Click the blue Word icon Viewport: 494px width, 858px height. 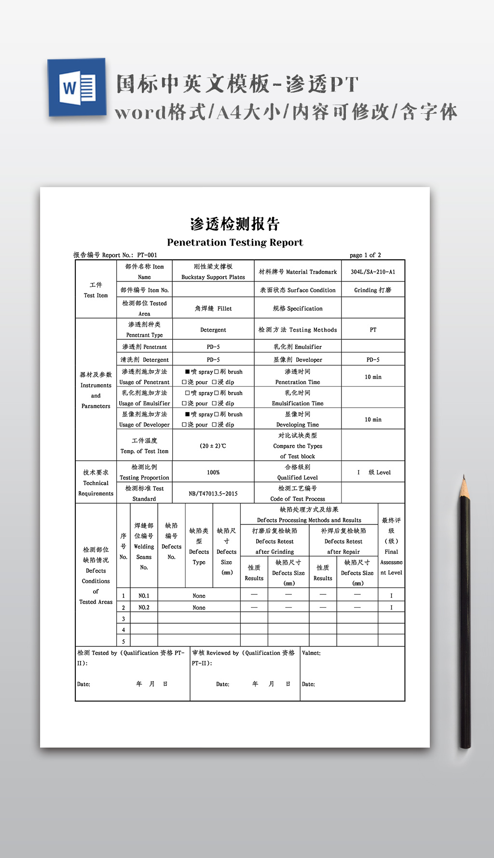click(77, 88)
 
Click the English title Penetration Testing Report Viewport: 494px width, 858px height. click(235, 242)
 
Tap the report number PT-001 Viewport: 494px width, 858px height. click(147, 255)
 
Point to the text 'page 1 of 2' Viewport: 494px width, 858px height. click(365, 255)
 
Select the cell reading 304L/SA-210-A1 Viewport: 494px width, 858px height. click(373, 272)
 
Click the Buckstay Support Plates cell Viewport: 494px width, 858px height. click(213, 272)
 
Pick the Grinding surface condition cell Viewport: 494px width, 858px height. click(373, 290)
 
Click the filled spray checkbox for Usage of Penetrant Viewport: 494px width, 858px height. click(188, 372)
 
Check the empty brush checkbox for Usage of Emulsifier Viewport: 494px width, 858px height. click(217, 393)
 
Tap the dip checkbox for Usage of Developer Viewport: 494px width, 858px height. click(214, 425)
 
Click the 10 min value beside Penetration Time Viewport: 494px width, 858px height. click(373, 377)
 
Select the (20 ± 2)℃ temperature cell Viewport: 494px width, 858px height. click(213, 446)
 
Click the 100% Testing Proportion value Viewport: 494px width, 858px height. click(213, 472)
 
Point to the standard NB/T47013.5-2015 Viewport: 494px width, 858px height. click(213, 494)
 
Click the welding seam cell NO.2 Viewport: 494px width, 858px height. click(144, 607)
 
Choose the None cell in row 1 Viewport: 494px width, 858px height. click(199, 596)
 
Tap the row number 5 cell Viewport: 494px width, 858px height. click(123, 642)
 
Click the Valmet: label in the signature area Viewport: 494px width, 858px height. click(311, 653)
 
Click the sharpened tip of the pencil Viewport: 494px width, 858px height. click(464, 478)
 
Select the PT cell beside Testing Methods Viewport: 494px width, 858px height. click(373, 330)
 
